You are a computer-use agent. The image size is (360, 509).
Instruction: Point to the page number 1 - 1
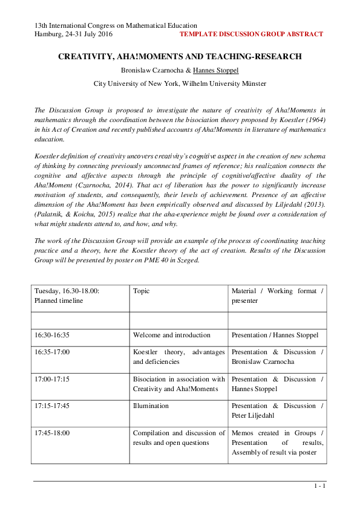pos(320,486)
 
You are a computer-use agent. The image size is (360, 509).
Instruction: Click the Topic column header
pos(141,291)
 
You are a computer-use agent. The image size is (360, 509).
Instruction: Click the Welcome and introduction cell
pos(171,335)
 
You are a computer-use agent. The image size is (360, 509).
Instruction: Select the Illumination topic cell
pos(151,406)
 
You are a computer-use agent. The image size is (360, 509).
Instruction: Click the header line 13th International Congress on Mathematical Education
pos(115,25)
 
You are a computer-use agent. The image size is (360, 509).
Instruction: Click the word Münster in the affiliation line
pos(254,84)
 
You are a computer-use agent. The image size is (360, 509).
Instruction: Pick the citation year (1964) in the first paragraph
pos(313,120)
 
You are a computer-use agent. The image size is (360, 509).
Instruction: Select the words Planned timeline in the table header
pos(59,300)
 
